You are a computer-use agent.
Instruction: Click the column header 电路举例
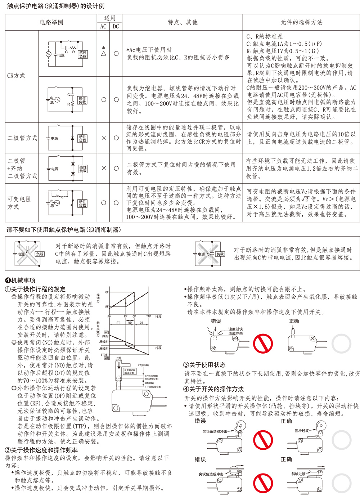51,22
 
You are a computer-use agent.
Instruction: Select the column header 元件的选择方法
301,22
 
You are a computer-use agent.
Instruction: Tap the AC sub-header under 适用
103,26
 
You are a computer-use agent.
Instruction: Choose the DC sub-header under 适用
116,26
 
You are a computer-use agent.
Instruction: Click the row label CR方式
16,76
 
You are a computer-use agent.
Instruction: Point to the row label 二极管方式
22,138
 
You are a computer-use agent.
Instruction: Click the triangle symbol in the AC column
104,54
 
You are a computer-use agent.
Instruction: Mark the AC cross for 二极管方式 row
104,138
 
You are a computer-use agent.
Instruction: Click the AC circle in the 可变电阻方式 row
104,203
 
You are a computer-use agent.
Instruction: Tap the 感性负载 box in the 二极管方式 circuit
82,138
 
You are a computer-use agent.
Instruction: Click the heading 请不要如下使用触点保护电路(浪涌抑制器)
64,230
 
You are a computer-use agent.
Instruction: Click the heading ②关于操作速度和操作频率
41,450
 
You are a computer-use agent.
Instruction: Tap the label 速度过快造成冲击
235,331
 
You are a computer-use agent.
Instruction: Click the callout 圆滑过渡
302,430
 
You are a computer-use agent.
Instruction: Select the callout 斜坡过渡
298,474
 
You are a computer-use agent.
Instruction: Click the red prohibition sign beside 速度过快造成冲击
263,344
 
